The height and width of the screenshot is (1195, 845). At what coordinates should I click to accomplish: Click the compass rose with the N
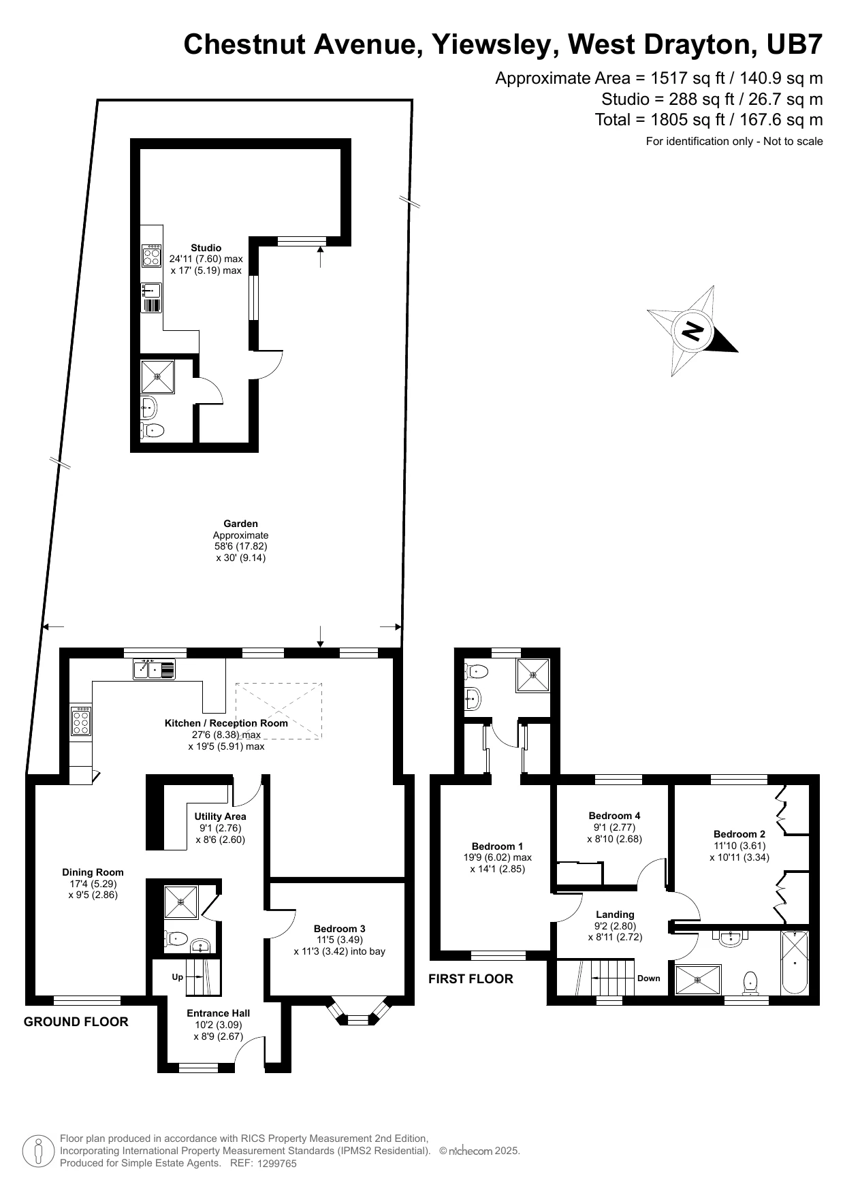[692, 331]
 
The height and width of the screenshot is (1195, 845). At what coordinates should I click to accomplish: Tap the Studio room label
[206, 248]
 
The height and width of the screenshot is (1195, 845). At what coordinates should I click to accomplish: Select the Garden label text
[241, 524]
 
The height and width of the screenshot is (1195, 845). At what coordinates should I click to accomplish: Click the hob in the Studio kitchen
[152, 255]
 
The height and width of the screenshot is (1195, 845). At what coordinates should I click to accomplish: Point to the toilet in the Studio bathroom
[153, 430]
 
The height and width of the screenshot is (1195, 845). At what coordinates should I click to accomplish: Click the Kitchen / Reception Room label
[226, 723]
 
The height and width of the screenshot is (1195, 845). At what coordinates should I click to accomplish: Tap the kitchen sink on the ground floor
[154, 670]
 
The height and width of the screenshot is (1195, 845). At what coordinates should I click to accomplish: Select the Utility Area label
[220, 816]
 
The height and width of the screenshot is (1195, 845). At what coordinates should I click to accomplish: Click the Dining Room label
[93, 872]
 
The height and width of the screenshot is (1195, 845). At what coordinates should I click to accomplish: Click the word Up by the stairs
[178, 977]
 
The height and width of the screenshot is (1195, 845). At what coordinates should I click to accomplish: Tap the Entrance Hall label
[218, 1013]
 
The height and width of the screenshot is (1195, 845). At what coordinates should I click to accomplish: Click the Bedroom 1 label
[497, 846]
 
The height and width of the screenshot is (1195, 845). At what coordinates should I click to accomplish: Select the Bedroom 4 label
[614, 816]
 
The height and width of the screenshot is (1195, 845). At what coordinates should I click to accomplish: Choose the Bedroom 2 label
[739, 834]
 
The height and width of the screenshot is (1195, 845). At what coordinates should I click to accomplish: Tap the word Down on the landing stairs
[648, 978]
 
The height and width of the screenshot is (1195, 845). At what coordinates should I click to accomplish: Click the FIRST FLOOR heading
[471, 979]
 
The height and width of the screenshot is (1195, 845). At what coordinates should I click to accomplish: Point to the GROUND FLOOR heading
[76, 1022]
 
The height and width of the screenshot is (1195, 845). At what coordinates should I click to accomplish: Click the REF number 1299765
[277, 1164]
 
